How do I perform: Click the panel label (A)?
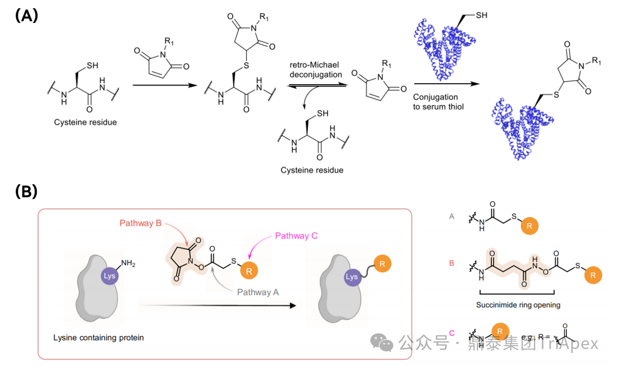pyautogui.click(x=26, y=16)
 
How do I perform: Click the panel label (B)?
pyautogui.click(x=26, y=192)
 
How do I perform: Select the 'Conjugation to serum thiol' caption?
pyautogui.click(x=435, y=102)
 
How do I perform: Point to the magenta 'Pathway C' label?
pyautogui.click(x=296, y=236)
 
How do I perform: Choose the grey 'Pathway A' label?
pyautogui.click(x=258, y=292)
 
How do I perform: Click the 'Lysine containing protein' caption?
pyautogui.click(x=99, y=337)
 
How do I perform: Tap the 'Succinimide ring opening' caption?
pyautogui.click(x=518, y=305)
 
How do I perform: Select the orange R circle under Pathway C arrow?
pyautogui.click(x=249, y=271)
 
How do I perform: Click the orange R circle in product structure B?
pyautogui.click(x=592, y=275)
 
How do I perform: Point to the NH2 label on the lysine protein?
pyautogui.click(x=128, y=263)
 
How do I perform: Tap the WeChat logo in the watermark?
pyautogui.click(x=382, y=343)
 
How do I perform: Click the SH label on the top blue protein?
pyautogui.click(x=481, y=16)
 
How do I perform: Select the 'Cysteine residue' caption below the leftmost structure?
pyautogui.click(x=85, y=122)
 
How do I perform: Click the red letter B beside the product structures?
pyautogui.click(x=451, y=263)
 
